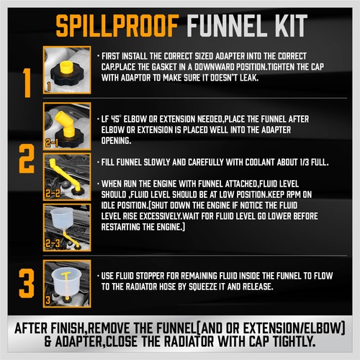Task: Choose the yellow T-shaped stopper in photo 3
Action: [x=66, y=276]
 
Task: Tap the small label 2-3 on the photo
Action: [x=52, y=246]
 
